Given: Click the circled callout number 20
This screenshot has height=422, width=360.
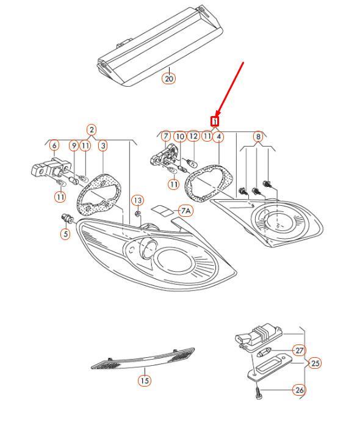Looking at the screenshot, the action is tap(168, 79).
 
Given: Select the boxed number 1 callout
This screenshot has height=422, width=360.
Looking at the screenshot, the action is tap(215, 122).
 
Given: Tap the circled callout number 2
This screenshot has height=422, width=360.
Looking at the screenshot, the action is tap(92, 130).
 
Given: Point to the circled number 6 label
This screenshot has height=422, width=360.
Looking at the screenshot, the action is tap(54, 145).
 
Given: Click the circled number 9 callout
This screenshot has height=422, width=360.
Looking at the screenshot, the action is tap(74, 146).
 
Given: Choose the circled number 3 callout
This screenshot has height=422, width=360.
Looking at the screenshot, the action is tap(103, 146).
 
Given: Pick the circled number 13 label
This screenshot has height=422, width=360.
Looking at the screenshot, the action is tap(138, 200).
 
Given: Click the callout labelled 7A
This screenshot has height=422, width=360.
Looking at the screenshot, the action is tap(185, 211).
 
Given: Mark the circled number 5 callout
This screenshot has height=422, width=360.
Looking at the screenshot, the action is tap(66, 234).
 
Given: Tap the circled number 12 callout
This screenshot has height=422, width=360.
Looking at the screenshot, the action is tap(193, 136).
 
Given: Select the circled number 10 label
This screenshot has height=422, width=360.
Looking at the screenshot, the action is tap(180, 137).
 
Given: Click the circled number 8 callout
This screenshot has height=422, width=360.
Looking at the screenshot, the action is tap(258, 137).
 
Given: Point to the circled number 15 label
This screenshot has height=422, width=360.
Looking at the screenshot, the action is tap(145, 381).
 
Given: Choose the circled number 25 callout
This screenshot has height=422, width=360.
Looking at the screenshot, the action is tap(315, 363).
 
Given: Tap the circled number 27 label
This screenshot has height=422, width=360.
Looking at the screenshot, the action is tap(299, 351).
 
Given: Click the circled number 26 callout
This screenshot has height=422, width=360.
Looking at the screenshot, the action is tap(299, 390).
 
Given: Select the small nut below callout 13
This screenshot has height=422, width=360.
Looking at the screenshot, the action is tap(138, 214).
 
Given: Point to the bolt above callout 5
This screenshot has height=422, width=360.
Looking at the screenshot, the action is tap(67, 218).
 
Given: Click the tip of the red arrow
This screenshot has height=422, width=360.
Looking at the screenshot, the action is tap(217, 115).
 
